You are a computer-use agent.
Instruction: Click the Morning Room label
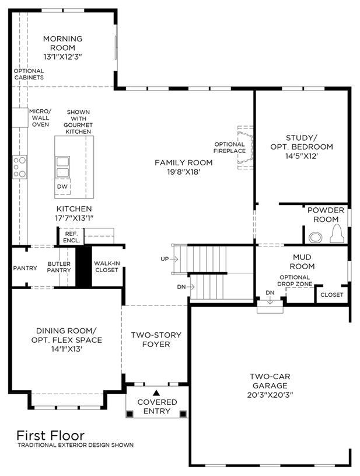63,43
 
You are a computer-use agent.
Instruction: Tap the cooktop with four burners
19,167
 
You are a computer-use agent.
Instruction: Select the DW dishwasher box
62,186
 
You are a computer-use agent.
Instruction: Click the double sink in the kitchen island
63,166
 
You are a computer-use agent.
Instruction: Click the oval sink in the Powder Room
316,237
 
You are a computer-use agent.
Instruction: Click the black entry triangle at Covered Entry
156,393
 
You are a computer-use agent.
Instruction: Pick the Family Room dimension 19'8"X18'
183,172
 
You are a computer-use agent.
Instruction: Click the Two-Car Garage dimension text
270,395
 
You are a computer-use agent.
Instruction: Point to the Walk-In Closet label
106,266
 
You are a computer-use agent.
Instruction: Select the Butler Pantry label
59,267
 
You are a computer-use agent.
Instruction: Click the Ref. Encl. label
72,237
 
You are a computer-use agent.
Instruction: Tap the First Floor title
50,436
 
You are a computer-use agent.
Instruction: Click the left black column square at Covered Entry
130,414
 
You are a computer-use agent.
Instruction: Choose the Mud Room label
302,262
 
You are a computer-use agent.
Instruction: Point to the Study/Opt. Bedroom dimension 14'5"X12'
302,156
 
